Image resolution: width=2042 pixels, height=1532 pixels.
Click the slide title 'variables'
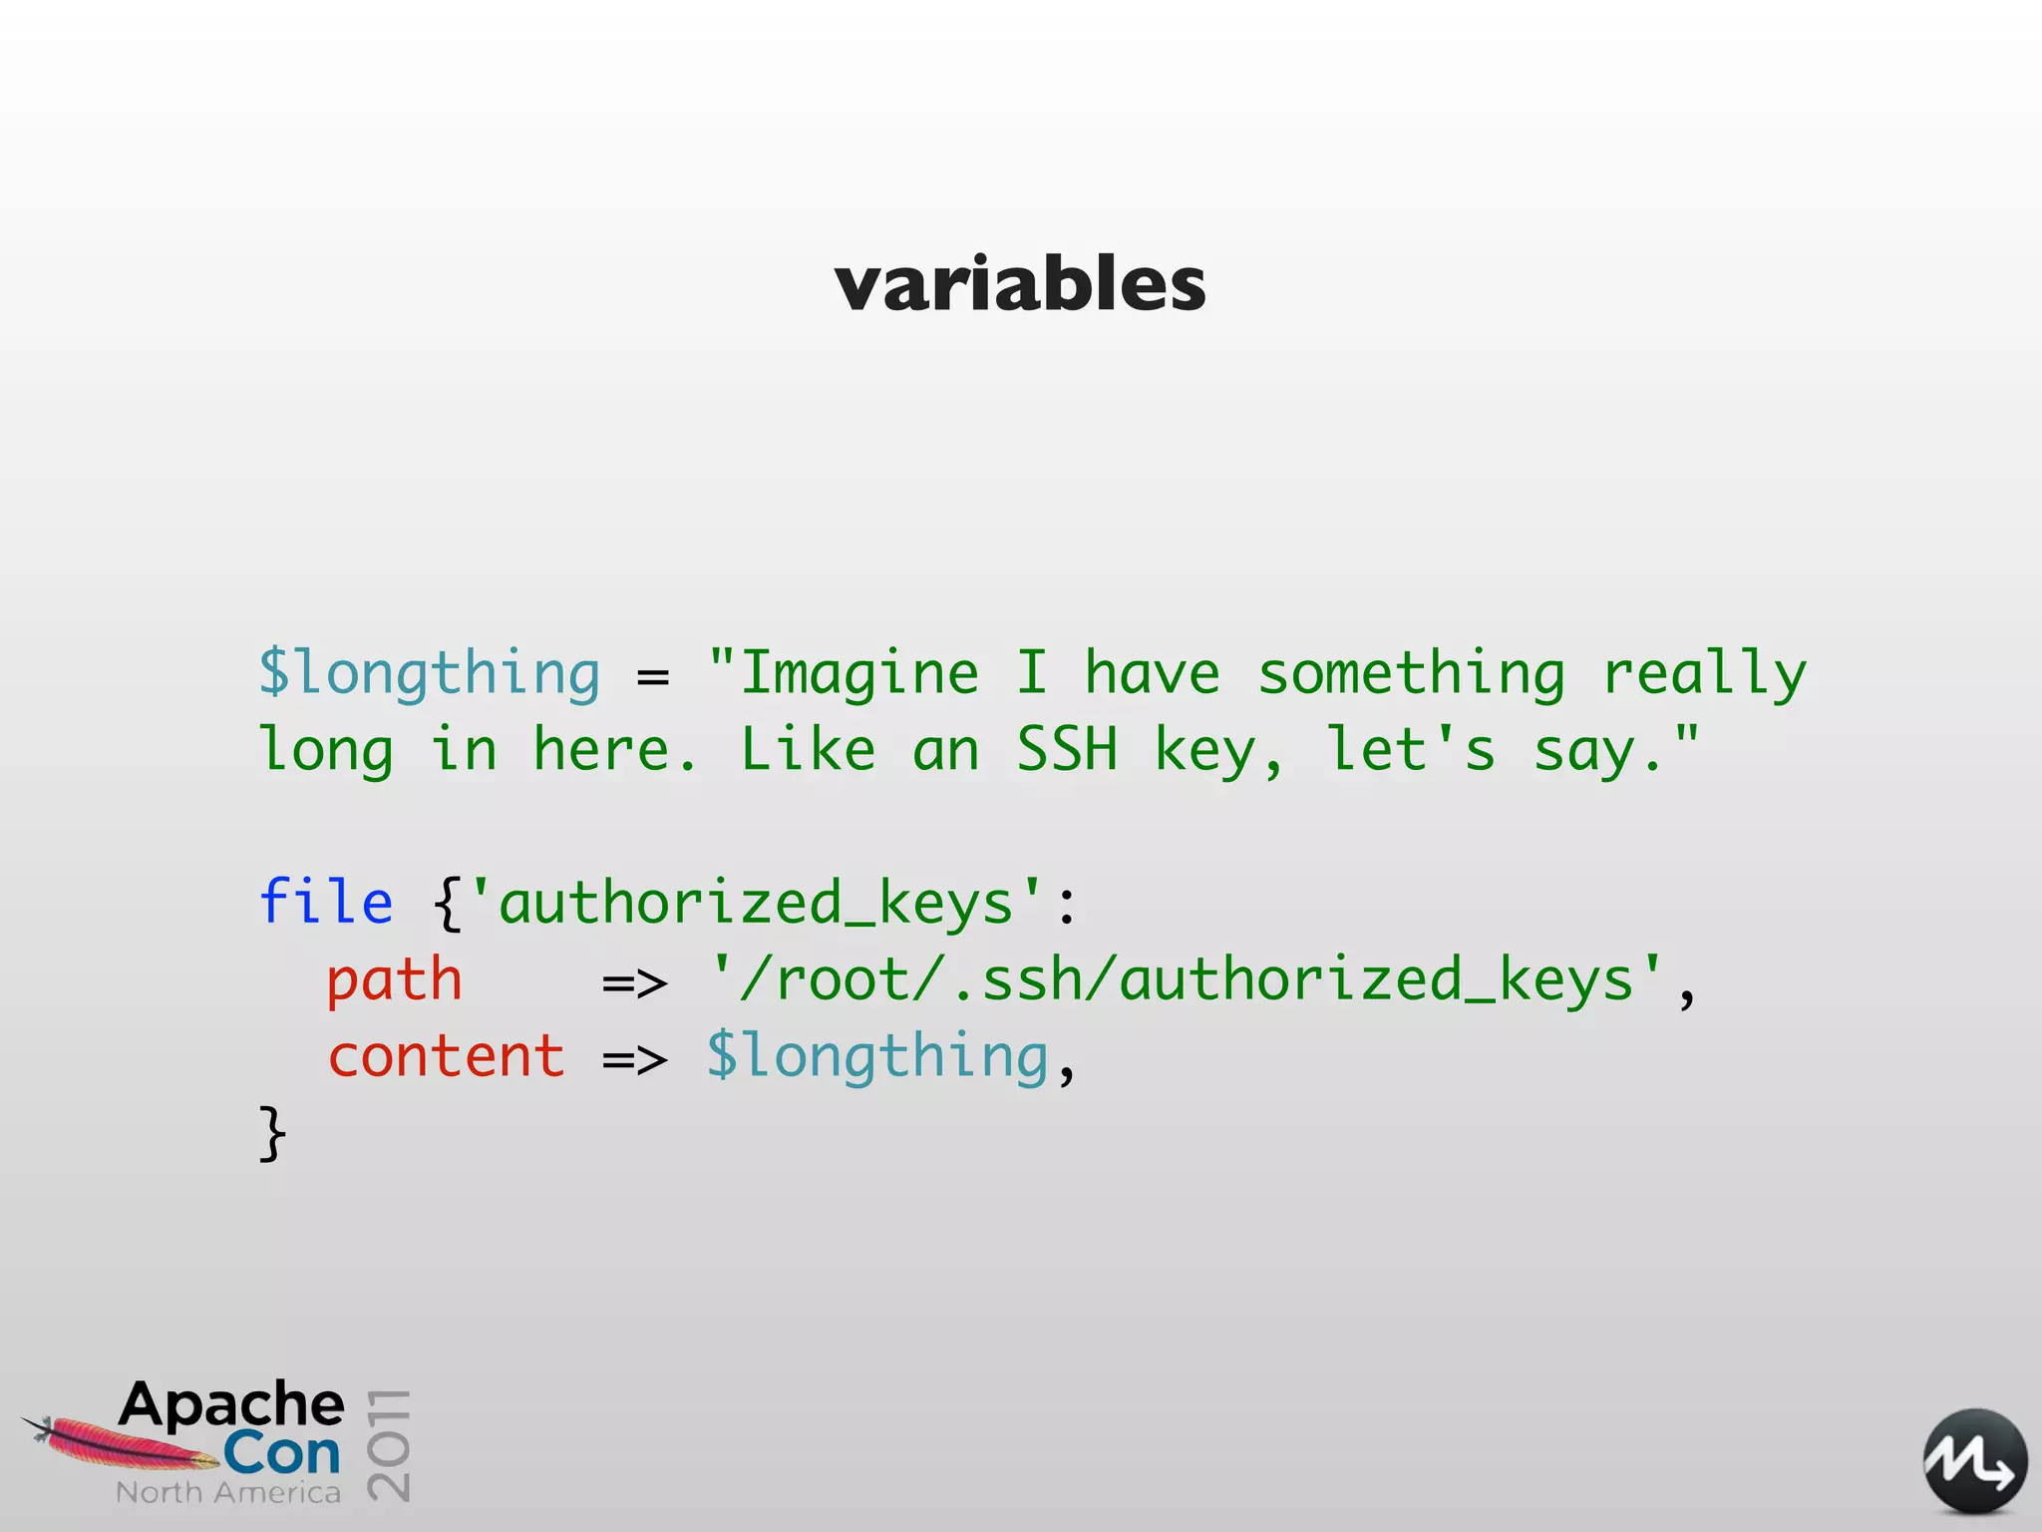point(1020,284)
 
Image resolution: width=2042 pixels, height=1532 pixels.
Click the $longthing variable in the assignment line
point(430,673)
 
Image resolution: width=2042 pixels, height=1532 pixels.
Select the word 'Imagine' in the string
point(858,673)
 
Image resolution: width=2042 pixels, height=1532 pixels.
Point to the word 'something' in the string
point(1411,673)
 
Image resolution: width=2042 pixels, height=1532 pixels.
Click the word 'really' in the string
point(1704,673)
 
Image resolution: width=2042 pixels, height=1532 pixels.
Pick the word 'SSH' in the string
point(1067,750)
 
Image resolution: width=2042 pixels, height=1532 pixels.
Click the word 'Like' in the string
point(808,750)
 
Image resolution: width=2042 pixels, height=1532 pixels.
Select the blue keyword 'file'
point(326,903)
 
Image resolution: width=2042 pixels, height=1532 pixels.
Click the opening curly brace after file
point(448,905)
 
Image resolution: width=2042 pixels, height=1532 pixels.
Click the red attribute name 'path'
point(395,980)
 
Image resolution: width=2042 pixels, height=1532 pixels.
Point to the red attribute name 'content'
point(447,1056)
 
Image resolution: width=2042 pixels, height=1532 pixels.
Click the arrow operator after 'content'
point(635,1060)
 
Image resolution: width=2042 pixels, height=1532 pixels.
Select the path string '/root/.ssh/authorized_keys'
point(1187,980)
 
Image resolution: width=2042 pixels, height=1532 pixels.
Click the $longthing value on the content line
point(877,1056)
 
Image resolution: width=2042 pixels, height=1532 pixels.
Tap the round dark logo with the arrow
point(1974,1462)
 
